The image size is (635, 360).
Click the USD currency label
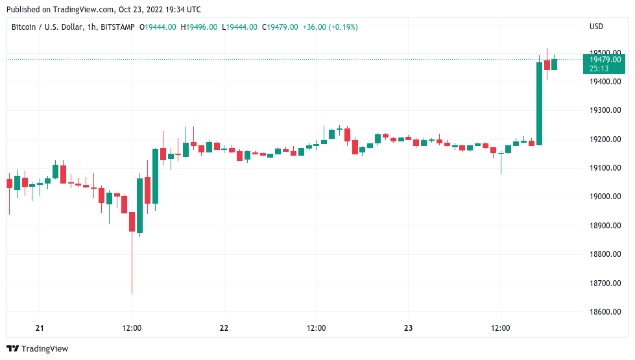click(595, 27)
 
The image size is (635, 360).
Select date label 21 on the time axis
click(40, 328)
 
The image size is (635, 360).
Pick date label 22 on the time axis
click(224, 328)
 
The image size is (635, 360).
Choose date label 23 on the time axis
click(408, 328)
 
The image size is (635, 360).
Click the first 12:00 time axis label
click(132, 328)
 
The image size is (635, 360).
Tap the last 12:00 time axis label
click(501, 328)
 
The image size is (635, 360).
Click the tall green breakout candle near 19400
click(539, 104)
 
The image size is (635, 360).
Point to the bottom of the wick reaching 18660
click(132, 293)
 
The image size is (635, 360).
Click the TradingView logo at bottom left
click(38, 349)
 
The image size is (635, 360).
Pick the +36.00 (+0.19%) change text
click(330, 27)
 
